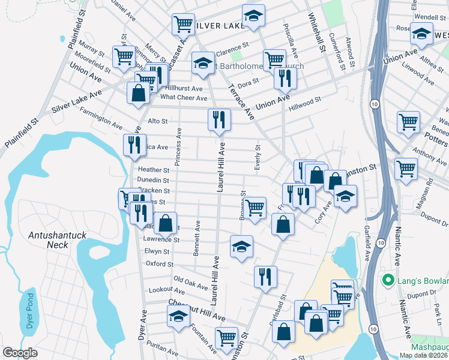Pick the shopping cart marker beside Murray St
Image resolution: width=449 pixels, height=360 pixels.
[124, 58]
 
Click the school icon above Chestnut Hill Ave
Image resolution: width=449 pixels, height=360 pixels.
[178, 316]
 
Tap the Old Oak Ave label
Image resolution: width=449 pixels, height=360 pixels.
[190, 280]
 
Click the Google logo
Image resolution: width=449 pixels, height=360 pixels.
[20, 353]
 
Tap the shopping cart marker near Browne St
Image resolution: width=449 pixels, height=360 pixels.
[255, 208]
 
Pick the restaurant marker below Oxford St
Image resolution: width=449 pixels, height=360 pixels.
[265, 277]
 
